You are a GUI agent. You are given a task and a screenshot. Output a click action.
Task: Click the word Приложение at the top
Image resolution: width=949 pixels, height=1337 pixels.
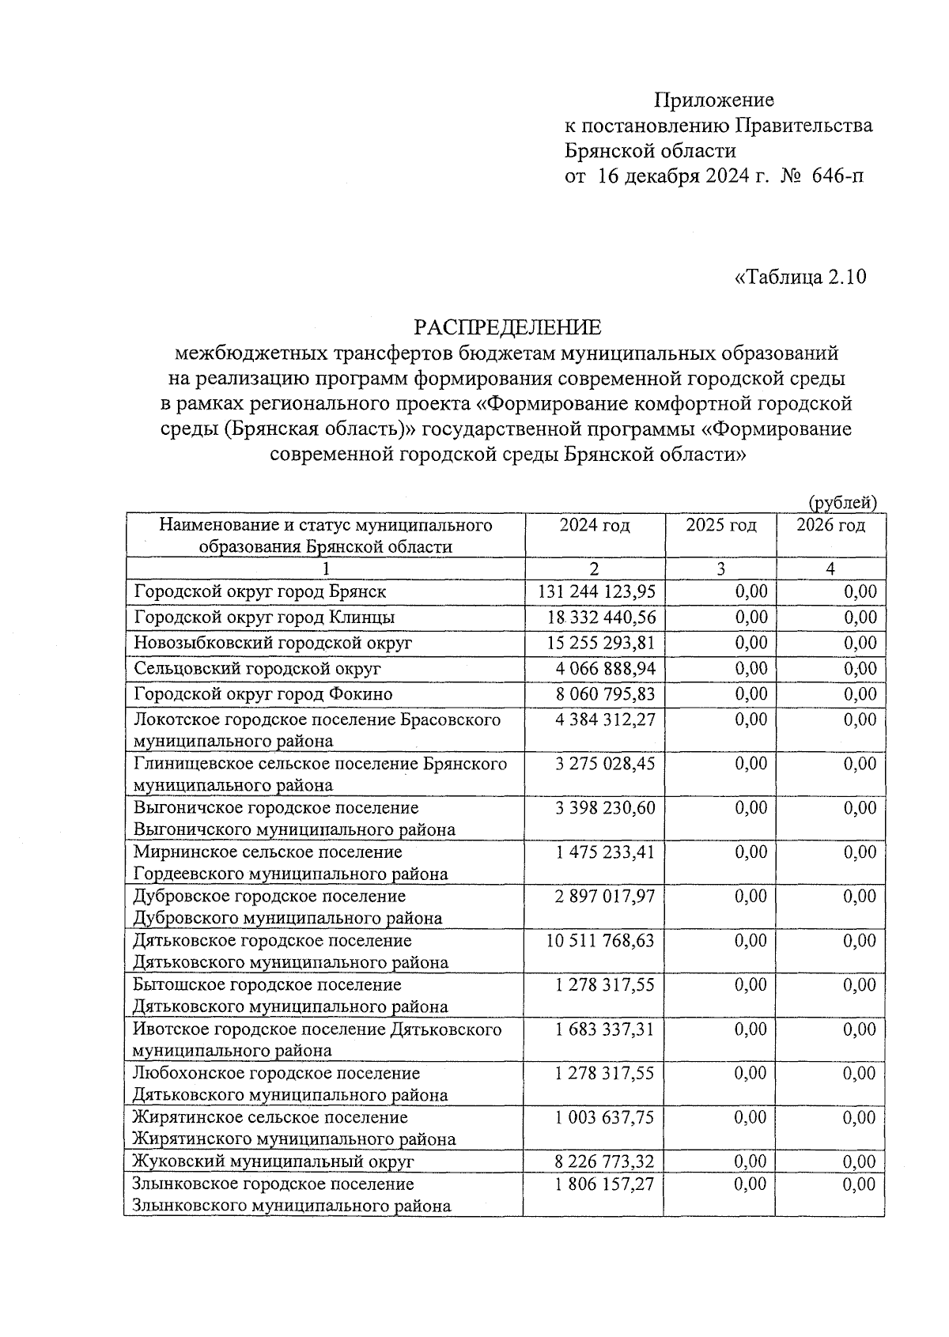tap(713, 100)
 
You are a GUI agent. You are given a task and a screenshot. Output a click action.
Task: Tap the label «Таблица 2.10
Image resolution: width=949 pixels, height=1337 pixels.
tap(800, 277)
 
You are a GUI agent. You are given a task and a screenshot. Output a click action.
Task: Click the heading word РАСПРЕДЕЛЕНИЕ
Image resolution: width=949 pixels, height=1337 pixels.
tap(508, 327)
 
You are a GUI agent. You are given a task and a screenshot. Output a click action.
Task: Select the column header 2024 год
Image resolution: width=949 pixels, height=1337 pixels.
tap(595, 526)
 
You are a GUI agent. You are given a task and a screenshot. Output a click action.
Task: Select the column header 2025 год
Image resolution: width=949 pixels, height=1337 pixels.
tap(720, 526)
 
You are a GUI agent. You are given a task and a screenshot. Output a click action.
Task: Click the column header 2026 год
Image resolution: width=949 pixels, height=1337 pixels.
tap(830, 526)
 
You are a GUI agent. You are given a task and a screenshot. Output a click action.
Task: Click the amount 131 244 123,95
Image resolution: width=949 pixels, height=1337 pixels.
tap(597, 592)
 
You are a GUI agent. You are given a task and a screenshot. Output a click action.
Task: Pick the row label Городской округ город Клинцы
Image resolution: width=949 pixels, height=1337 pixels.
tap(264, 618)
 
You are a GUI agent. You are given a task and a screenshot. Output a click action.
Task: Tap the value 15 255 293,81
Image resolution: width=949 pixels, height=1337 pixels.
tap(601, 643)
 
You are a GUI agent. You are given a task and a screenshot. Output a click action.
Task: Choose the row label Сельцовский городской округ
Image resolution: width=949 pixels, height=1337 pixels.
tap(257, 669)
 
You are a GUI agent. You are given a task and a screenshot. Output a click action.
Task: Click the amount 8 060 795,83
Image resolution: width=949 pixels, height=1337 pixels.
tap(606, 694)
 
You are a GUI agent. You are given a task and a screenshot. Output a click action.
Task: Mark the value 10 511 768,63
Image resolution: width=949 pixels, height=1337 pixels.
tap(601, 941)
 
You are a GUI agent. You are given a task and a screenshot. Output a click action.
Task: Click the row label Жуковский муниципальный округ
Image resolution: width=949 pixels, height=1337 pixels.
tap(274, 1161)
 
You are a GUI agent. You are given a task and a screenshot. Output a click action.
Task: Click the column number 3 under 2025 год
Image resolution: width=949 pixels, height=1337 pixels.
tap(720, 568)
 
